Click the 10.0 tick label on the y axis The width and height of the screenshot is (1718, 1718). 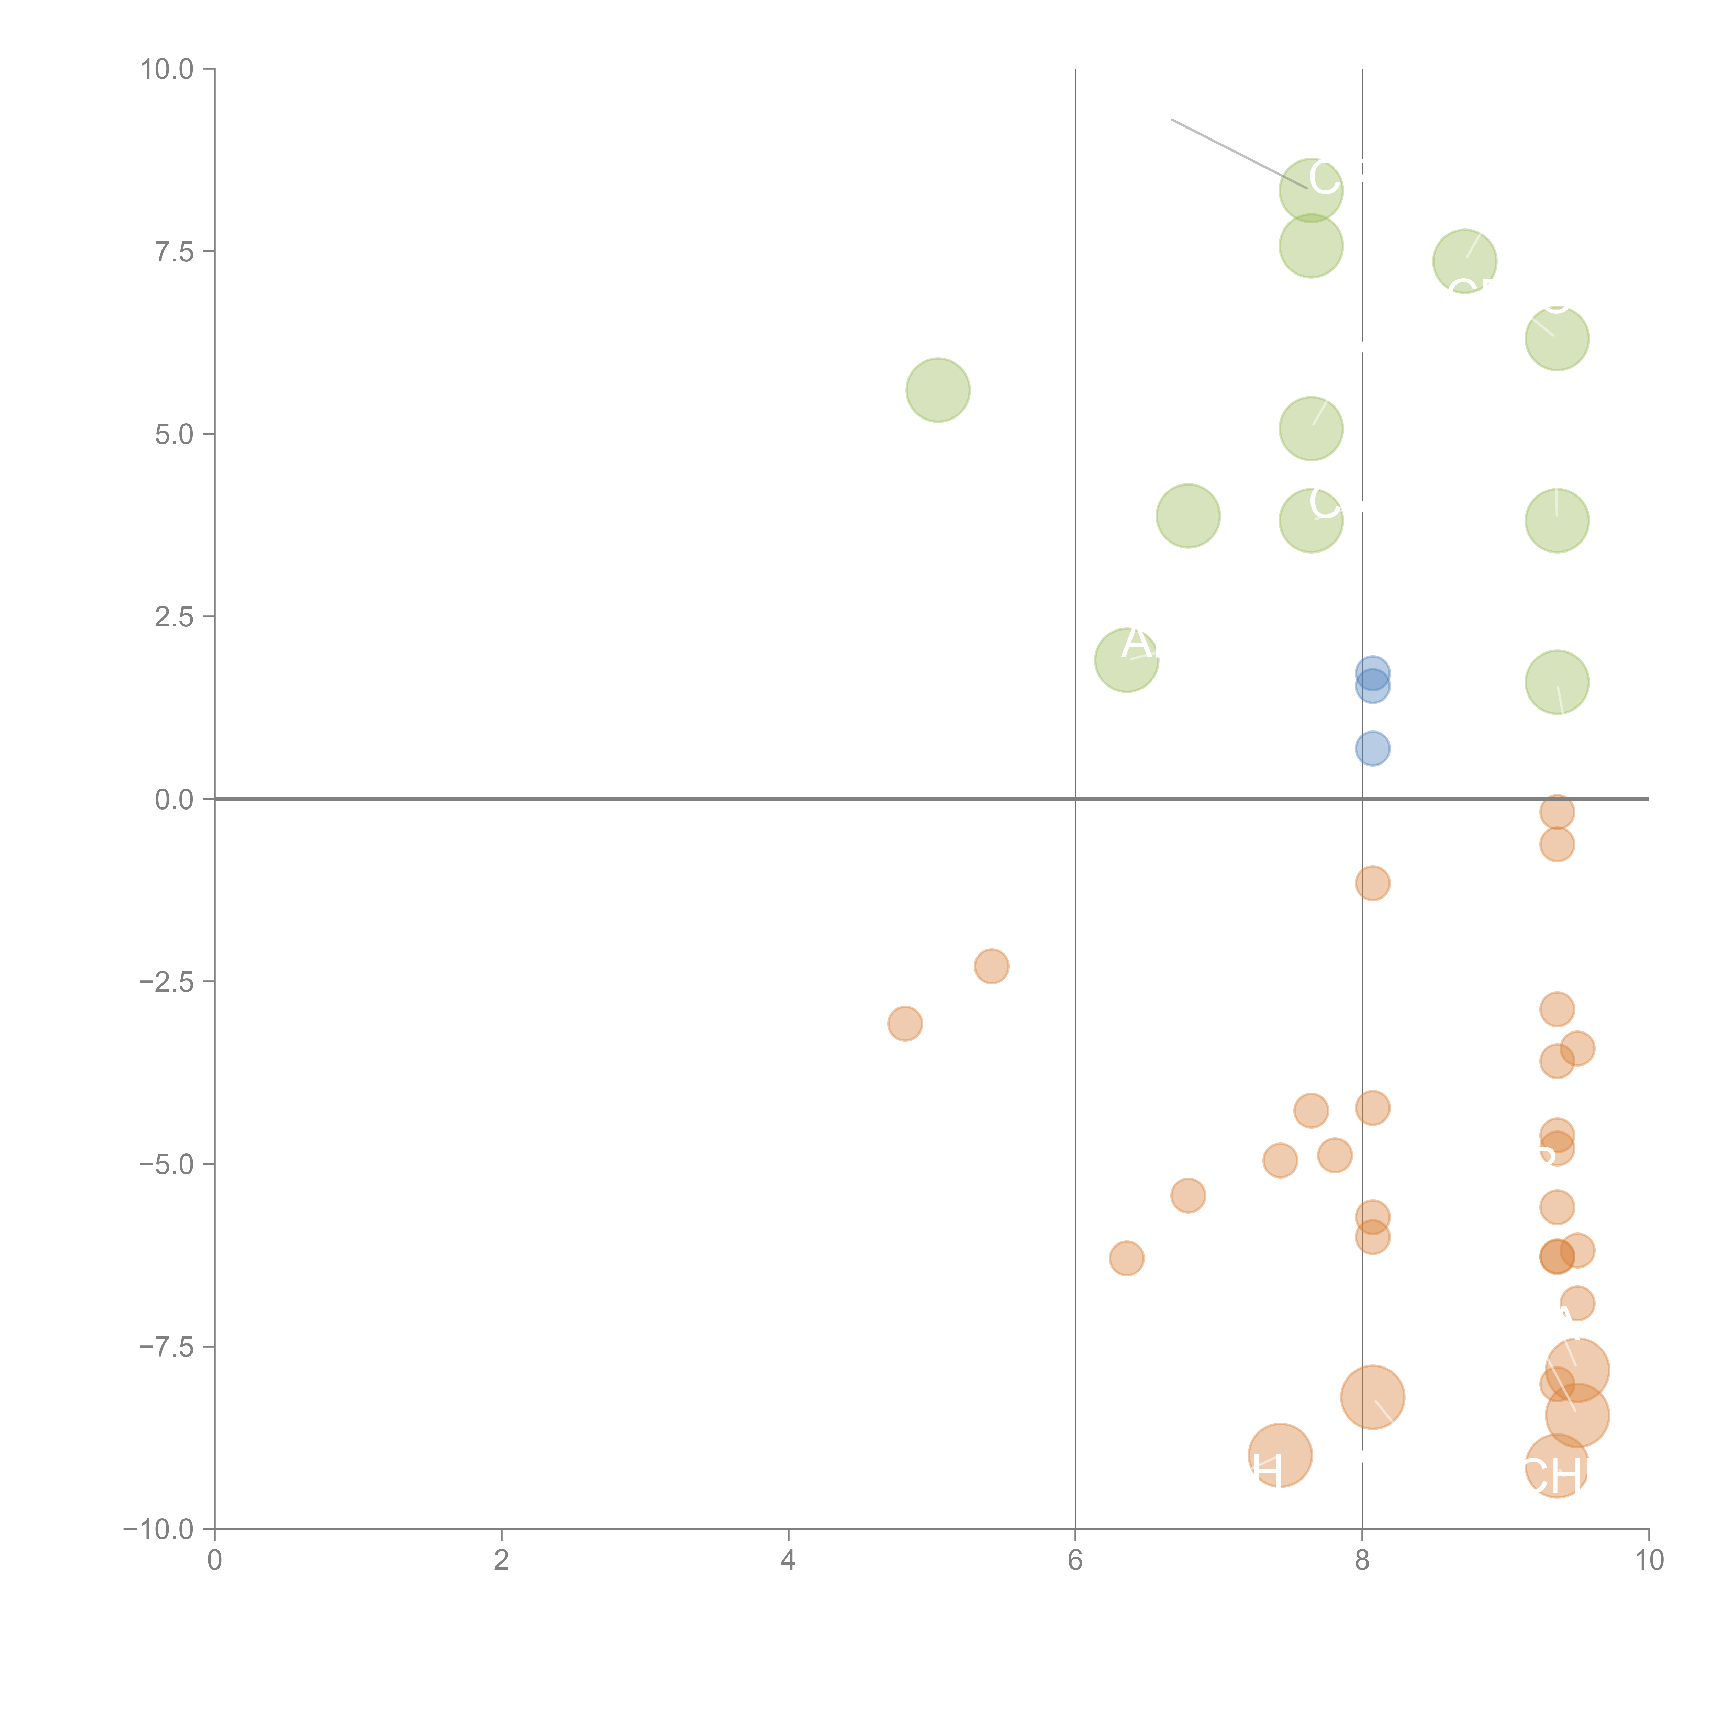167,69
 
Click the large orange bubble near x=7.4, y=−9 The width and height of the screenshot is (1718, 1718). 1280,1455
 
